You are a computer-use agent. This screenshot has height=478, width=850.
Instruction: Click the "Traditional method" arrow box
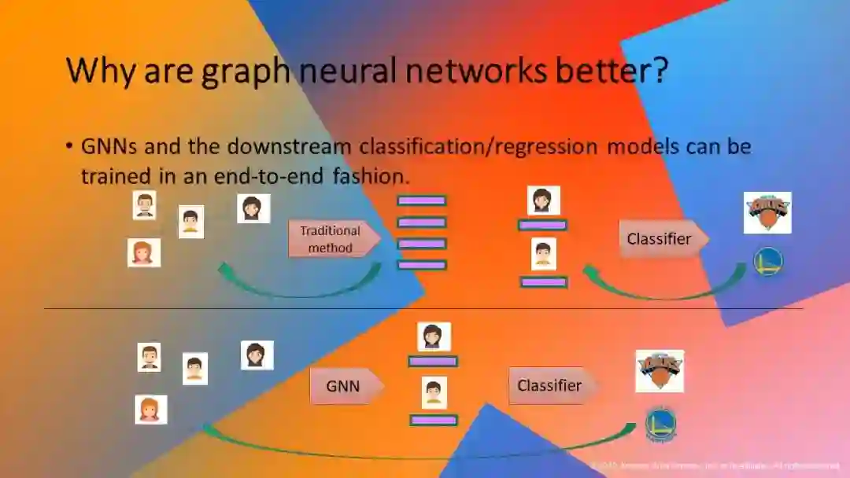(333, 239)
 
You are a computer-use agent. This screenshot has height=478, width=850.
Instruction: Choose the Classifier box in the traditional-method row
(661, 239)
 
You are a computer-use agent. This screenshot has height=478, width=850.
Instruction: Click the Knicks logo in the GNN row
(660, 371)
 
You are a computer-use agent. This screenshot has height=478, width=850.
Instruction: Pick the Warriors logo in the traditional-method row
(767, 263)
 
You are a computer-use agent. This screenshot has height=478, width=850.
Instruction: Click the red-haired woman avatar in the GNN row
(150, 410)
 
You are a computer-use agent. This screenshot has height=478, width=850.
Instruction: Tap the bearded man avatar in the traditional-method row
(144, 205)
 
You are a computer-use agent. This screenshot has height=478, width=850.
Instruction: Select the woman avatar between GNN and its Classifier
(433, 336)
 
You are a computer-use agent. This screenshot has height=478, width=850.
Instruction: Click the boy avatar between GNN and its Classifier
(433, 392)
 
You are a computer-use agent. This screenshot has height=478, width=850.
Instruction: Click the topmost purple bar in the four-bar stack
(421, 200)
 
